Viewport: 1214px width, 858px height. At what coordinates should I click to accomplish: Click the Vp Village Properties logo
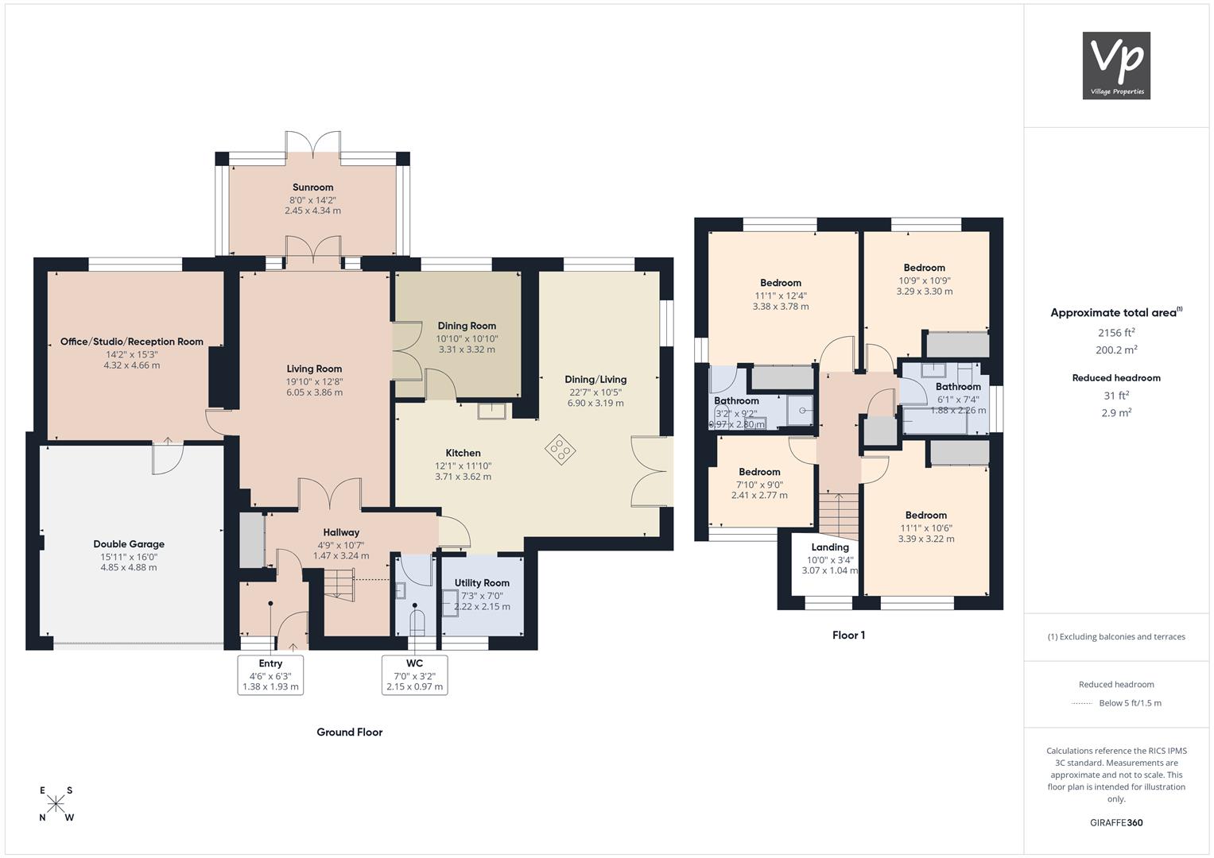pos(1116,65)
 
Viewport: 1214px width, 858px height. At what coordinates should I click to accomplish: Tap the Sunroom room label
pos(312,187)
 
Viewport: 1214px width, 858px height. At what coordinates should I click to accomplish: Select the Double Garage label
pos(129,544)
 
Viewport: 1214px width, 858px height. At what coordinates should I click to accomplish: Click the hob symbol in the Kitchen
pos(560,450)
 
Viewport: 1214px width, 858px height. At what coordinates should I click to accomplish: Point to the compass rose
pos(56,804)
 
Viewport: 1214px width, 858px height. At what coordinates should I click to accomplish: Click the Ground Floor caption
pos(350,732)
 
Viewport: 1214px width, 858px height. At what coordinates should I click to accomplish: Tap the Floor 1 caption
pos(849,636)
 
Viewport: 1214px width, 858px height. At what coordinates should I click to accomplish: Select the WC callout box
pos(414,675)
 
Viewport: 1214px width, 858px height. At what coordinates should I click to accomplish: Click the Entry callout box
pos(270,675)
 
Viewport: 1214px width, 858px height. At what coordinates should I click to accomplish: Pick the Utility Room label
pos(482,583)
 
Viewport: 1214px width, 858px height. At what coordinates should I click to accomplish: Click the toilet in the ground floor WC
pos(417,622)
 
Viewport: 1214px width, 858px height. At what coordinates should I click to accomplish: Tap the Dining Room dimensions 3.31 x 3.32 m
pos(467,350)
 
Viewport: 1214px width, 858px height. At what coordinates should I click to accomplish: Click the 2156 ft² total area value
pos(1116,333)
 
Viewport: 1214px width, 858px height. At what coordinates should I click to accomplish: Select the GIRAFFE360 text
pos(1116,822)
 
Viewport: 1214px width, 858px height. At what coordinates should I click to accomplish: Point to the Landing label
pos(830,547)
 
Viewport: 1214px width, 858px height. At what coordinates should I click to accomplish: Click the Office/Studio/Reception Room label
pos(132,342)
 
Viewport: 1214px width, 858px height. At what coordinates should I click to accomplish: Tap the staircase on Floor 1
pos(839,516)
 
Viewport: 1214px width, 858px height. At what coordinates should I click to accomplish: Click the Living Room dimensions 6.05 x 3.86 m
pos(314,392)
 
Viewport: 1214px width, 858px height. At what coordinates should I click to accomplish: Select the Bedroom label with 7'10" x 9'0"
pos(759,472)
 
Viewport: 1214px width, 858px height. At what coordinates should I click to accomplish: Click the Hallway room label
pos(341,532)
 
